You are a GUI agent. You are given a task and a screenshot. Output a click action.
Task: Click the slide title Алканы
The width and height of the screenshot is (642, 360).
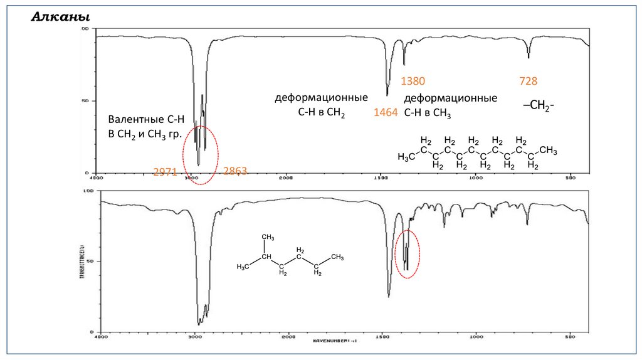tap(60, 17)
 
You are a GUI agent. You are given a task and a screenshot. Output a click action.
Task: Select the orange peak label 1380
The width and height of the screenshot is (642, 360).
tap(413, 81)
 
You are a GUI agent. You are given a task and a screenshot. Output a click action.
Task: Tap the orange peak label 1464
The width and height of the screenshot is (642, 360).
tap(386, 112)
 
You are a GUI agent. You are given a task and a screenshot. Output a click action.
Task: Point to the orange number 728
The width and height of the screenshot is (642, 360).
tap(529, 81)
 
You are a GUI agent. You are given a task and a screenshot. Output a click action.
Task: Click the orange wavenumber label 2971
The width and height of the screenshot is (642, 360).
tap(166, 171)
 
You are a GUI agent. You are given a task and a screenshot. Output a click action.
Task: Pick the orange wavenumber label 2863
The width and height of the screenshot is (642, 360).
tap(236, 171)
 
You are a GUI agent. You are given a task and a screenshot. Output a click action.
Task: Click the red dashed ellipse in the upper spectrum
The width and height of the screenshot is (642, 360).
tap(201, 154)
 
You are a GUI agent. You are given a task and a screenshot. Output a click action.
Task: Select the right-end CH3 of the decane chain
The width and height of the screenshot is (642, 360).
tap(548, 151)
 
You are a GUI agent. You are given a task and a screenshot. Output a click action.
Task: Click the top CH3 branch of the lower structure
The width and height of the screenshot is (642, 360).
tap(268, 237)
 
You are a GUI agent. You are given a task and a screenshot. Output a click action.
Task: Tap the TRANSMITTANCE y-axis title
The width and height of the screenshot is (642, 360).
tap(82, 258)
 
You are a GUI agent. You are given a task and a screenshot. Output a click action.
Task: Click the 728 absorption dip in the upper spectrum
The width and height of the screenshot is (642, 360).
tap(529, 56)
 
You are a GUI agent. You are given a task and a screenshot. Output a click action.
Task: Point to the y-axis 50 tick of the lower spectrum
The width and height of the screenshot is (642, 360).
tap(90, 261)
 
